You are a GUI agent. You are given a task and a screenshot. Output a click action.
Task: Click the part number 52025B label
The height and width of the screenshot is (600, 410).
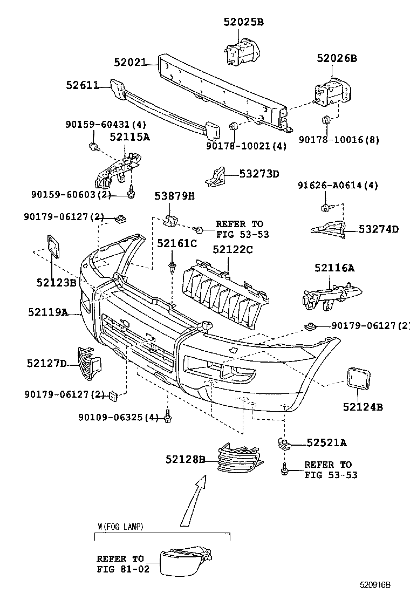244,22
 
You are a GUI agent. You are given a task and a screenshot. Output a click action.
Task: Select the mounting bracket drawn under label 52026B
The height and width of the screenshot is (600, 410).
332,94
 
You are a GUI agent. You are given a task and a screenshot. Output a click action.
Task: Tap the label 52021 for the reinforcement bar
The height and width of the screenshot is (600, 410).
130,62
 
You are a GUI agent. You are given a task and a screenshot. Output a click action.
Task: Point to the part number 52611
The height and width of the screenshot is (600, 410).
82,85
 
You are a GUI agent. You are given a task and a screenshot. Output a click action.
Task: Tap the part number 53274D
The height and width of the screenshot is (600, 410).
379,229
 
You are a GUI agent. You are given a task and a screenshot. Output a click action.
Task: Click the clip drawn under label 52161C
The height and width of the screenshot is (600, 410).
172,268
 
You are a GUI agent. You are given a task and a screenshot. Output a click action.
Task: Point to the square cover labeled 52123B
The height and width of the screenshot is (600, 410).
53,247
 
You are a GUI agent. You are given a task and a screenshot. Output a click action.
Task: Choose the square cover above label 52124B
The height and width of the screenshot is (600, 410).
359,378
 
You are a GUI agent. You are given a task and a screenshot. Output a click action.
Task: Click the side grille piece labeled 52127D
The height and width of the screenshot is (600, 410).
89,364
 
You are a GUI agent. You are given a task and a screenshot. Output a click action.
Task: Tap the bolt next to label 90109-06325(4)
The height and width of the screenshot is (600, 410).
168,416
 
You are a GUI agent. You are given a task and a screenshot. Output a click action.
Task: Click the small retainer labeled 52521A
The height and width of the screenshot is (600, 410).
285,444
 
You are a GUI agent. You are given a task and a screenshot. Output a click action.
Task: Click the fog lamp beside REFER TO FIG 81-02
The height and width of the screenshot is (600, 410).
186,561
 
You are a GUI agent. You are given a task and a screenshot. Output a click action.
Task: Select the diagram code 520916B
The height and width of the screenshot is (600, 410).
375,585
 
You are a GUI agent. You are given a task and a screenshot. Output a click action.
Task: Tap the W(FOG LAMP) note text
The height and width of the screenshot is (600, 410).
120,527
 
